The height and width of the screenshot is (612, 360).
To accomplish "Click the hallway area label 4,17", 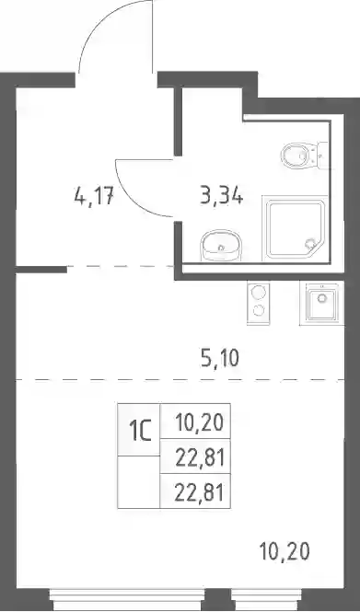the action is coord(94,196).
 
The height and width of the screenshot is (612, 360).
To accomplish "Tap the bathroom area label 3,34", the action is coord(222,195).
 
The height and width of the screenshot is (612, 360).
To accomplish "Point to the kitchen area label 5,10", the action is coord(219,358).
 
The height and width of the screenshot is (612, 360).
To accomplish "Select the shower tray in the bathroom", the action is coord(296,228).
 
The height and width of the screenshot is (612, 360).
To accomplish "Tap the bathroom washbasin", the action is coord(221,246).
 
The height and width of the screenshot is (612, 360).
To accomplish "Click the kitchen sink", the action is coord(321,303).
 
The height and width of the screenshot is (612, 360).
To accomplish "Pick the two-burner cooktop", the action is coord(258,303).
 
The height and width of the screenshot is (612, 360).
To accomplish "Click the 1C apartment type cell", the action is coord(139,430).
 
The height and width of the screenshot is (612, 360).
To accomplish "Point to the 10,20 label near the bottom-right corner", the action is coord(285,551).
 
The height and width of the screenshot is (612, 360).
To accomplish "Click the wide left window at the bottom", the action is coord(128,599).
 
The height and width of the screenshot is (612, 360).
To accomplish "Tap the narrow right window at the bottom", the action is coord(267,599).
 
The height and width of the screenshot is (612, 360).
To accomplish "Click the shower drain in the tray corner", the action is coord(310,244).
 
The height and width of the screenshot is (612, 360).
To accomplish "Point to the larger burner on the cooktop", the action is coord(258,292).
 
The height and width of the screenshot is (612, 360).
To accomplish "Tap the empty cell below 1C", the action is coord(139,481).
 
